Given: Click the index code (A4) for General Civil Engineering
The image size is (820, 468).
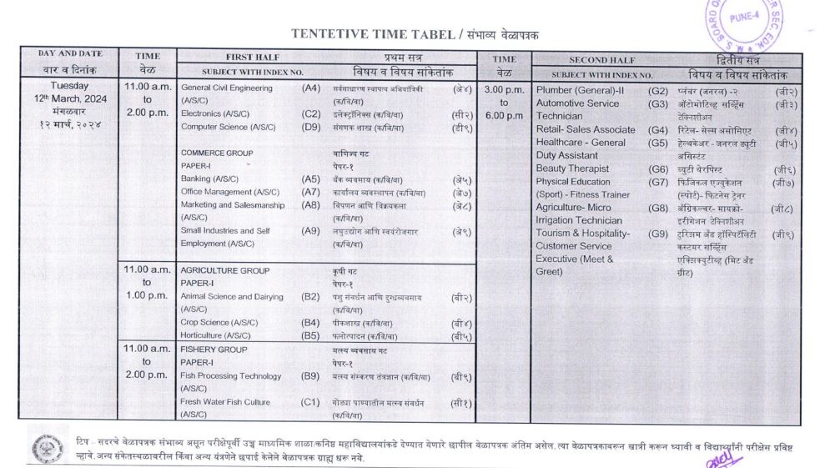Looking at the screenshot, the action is pos(310,88).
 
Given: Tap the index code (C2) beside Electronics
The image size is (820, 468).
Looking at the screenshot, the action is pos(310,113).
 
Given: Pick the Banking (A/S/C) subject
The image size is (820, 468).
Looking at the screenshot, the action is pos(209,179).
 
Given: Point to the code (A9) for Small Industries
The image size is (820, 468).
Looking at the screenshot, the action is pos(310,230).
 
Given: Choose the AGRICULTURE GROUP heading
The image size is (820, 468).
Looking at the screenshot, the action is pos(224,270).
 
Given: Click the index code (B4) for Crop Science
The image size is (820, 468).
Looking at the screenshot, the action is pos(310,322).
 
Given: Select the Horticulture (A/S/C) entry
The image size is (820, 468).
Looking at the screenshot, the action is pos(215,335).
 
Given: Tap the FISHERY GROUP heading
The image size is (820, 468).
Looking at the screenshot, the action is pos(214,350).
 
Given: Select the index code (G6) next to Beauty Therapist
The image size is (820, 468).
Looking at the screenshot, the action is pos(658,169).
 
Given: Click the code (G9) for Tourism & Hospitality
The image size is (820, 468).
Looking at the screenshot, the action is pos(658,234).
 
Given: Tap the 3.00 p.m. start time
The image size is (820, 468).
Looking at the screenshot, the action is pos(504,89).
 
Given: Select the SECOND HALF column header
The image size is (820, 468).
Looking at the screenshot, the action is pos(601,60).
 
